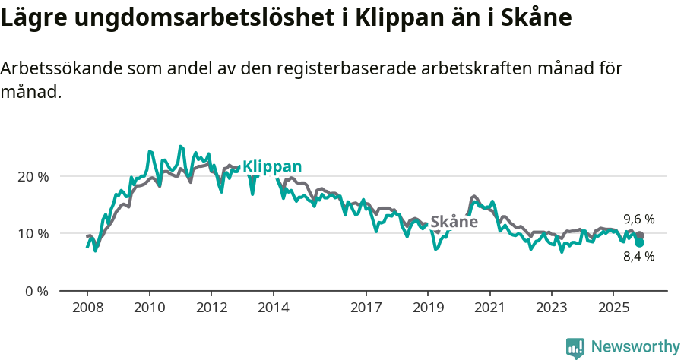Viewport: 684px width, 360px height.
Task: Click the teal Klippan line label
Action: click(x=272, y=167)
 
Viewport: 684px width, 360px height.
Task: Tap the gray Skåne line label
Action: click(x=454, y=222)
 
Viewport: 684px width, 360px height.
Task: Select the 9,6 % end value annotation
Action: click(x=639, y=219)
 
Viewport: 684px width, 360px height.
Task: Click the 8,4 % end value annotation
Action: click(x=639, y=256)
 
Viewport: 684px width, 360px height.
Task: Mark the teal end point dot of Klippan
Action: click(x=640, y=242)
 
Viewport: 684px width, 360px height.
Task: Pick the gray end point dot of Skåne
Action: click(x=640, y=235)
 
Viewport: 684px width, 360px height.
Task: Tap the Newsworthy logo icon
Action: click(x=575, y=347)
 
